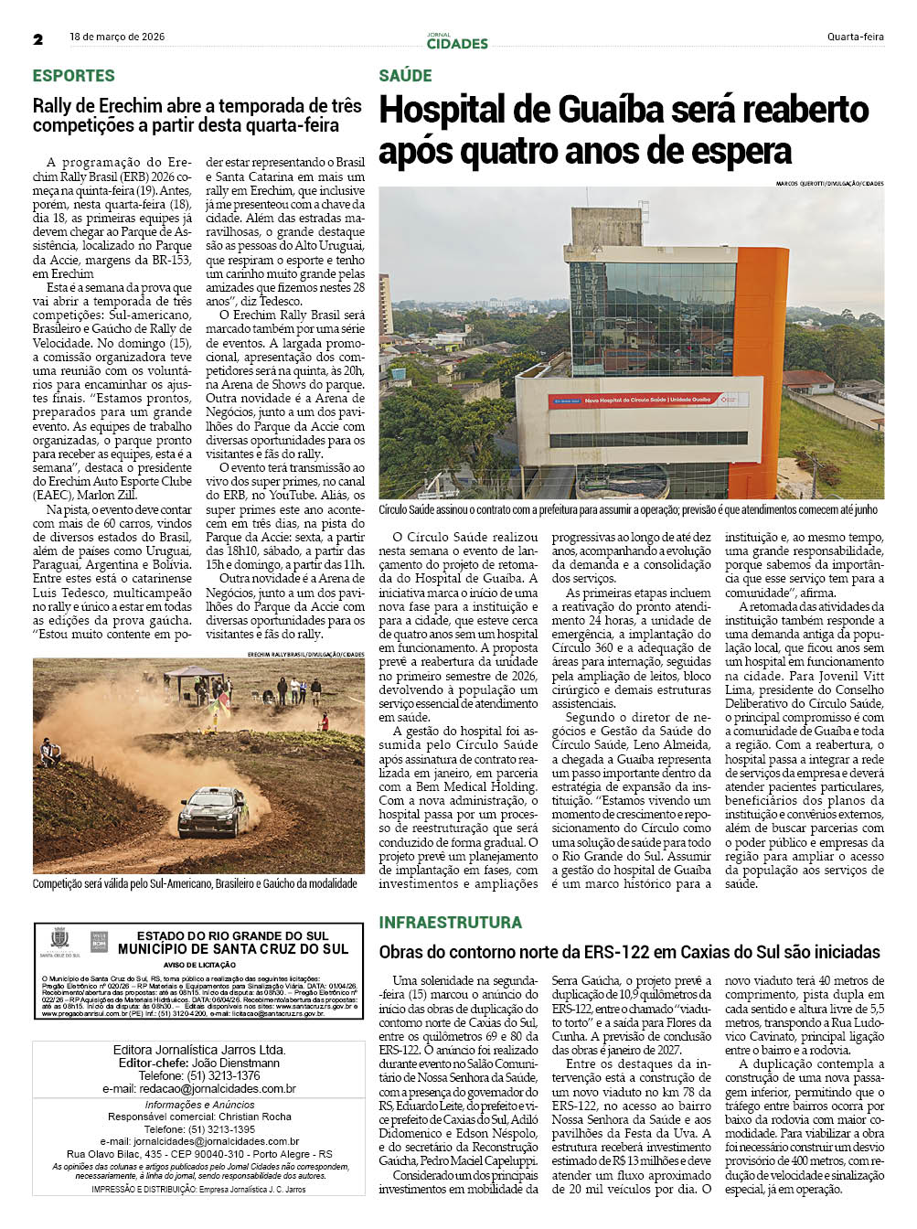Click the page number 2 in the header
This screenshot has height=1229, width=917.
[38, 39]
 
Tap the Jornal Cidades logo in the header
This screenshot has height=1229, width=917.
[457, 41]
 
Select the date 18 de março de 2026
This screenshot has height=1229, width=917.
[117, 37]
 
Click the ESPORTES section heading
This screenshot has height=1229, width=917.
[74, 76]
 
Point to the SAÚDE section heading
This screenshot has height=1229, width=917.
[405, 76]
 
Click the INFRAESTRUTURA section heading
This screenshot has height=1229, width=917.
[450, 922]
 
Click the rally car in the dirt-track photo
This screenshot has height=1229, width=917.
[211, 811]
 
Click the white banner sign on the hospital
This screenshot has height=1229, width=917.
[646, 400]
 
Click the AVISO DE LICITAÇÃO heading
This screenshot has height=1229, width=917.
[199, 965]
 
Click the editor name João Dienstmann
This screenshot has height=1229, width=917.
[236, 1063]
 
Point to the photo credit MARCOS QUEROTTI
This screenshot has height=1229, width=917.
[799, 184]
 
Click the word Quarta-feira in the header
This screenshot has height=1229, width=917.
[855, 37]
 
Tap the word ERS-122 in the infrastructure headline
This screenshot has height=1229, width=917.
[602, 952]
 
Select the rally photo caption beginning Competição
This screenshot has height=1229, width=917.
[195, 883]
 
